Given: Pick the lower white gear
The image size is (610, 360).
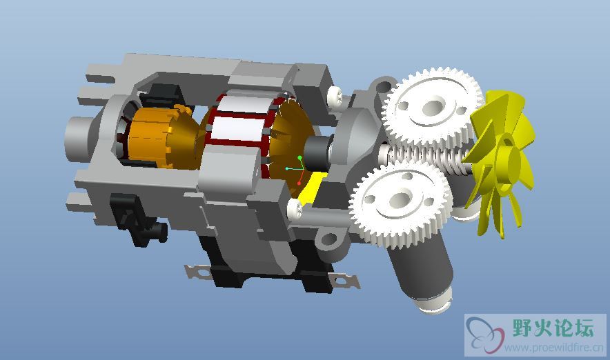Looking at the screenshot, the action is (x=401, y=202).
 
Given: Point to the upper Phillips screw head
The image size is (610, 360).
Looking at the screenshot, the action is (x=335, y=95).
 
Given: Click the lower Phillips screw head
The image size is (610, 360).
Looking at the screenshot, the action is (x=295, y=209).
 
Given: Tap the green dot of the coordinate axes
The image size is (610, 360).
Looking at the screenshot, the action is (x=300, y=158).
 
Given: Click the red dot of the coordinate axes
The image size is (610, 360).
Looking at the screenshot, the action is (x=299, y=183).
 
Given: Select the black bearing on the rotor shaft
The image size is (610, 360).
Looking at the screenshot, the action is (x=317, y=153).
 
